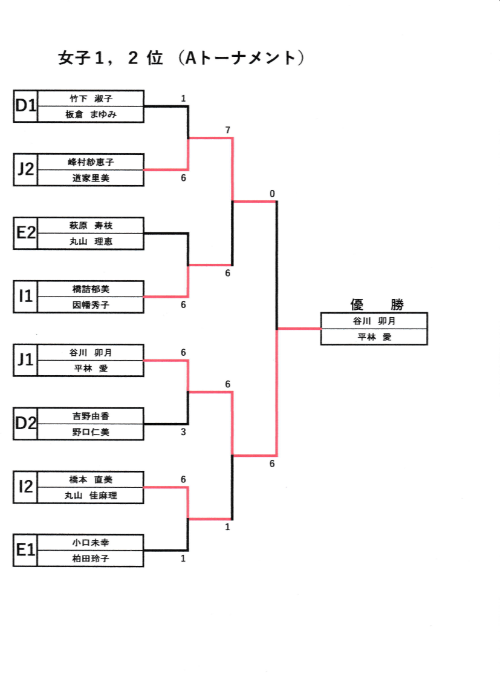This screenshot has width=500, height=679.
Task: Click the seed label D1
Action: point(25,106)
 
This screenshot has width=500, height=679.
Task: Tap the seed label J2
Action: point(25,169)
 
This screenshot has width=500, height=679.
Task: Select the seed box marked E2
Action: point(25,233)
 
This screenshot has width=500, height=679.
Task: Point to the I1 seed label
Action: point(25,297)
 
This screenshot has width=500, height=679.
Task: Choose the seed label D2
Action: point(25,424)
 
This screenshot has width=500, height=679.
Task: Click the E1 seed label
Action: point(25,550)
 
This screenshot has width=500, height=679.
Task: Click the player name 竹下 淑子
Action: point(91,98)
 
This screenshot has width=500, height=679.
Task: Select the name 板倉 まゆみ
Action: point(91,114)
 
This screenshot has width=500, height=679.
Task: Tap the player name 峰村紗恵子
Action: point(91,162)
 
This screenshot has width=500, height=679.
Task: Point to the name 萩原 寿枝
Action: point(91,225)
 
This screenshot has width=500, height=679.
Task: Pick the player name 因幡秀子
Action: point(91,304)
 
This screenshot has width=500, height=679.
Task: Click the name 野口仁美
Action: point(91,431)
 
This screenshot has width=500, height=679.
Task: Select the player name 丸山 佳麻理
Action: point(91,495)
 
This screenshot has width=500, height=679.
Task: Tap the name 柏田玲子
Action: point(91,559)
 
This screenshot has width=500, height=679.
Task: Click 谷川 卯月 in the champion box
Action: point(374,321)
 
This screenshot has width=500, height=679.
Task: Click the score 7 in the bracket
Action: point(227,130)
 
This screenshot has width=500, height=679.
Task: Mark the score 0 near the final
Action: point(272,194)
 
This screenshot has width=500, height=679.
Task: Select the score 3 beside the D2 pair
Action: point(183,432)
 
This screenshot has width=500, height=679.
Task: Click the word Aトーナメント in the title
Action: point(241,58)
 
